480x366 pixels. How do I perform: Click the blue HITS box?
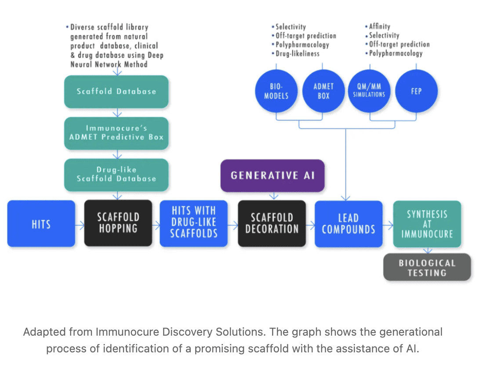coord(41,223)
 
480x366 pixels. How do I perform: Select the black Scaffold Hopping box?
coord(118,223)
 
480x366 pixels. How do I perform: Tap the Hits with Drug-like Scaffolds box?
coord(193,223)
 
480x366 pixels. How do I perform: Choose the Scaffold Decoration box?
coord(272,223)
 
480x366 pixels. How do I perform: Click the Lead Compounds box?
coord(349,224)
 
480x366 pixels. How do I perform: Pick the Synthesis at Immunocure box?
coord(427,224)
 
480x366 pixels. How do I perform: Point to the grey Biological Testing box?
coord(427,267)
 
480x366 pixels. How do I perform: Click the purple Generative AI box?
coord(273,176)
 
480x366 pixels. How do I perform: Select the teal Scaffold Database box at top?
coord(116,91)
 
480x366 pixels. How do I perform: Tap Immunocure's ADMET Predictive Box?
coord(116,133)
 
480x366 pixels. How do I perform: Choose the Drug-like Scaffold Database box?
coord(116,175)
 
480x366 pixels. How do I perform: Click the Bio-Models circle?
coord(276,91)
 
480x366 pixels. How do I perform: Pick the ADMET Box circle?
coord(324,91)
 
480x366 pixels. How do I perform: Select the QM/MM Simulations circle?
coord(369,91)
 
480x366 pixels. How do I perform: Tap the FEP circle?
coord(416,91)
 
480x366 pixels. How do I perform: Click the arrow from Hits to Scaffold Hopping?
coord(80,226)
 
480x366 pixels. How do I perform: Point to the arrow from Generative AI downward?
coord(274,196)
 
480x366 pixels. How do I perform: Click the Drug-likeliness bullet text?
coord(296,54)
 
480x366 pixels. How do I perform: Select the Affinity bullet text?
coord(378,26)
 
